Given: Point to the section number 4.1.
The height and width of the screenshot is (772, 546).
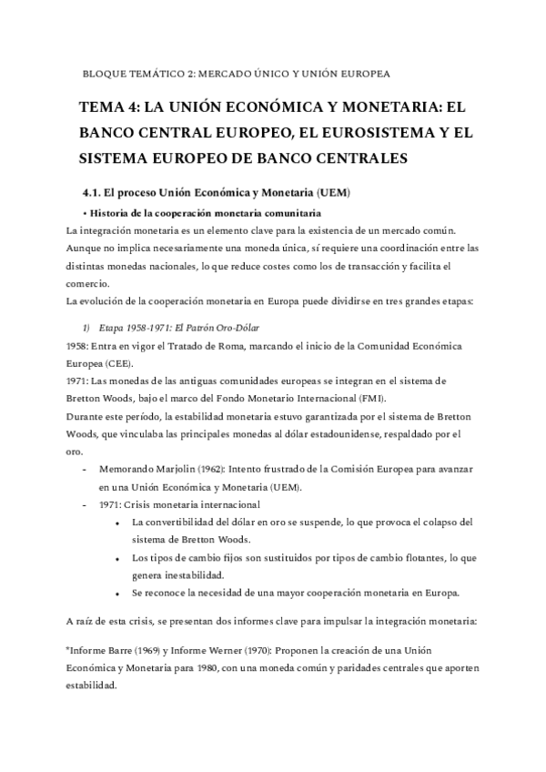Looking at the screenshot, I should pyautogui.click(x=93, y=193).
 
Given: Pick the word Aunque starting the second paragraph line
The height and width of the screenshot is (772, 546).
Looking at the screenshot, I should pyautogui.click(x=86, y=248).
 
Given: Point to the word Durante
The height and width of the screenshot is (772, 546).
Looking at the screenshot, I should pyautogui.click(x=87, y=418).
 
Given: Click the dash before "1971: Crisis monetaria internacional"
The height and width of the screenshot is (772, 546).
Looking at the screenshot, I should pyautogui.click(x=85, y=505).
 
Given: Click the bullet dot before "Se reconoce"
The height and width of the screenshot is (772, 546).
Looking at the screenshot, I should pyautogui.click(x=119, y=593).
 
